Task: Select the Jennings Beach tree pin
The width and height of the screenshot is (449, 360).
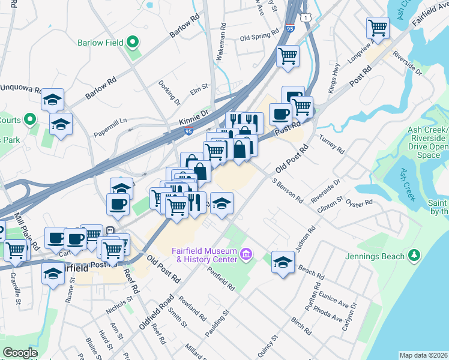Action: (x=413, y=256)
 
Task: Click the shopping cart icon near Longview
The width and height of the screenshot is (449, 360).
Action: (x=378, y=26)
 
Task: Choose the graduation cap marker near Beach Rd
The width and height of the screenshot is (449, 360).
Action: (x=283, y=261)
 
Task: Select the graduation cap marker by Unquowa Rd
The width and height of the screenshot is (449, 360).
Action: (x=53, y=99)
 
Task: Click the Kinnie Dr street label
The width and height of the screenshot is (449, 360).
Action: (x=193, y=117)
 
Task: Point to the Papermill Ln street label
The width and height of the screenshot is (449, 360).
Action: (x=110, y=123)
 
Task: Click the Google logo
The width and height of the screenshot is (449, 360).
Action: (x=20, y=353)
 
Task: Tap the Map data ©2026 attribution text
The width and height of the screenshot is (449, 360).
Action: (x=423, y=355)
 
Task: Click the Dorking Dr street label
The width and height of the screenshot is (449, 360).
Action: (x=169, y=92)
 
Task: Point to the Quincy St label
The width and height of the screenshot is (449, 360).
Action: (x=267, y=346)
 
